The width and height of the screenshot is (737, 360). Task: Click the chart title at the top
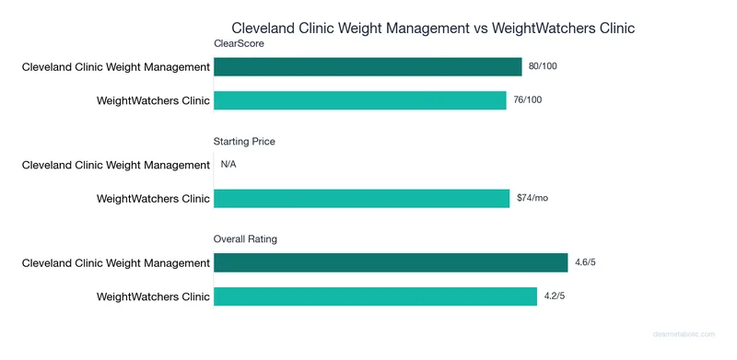[433, 28]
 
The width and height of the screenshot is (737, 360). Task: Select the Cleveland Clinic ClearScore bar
[368, 66]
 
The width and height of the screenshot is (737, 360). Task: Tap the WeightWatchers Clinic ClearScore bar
[360, 99]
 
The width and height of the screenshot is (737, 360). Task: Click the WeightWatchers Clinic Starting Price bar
[361, 198]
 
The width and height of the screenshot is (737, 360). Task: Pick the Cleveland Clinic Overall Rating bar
[391, 263]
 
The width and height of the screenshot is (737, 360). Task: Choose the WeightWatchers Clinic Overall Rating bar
[375, 296]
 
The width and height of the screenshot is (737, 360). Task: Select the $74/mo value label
[532, 198]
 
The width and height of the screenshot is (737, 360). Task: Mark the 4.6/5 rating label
[586, 263]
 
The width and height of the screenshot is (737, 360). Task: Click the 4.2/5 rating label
[555, 296]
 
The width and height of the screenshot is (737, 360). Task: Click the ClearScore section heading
[240, 43]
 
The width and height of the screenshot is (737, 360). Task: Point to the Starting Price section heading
[244, 142]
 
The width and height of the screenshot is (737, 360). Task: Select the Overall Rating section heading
[245, 239]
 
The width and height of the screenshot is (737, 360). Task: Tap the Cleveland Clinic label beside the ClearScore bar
[116, 66]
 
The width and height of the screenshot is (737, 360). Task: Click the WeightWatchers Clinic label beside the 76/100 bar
[153, 99]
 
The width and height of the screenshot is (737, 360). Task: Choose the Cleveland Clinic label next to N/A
[116, 165]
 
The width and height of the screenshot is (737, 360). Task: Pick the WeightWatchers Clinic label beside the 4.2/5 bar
[153, 296]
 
